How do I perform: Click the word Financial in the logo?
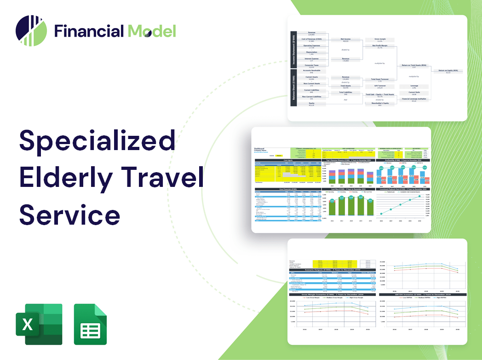tap(89, 31)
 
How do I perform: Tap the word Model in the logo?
tap(152, 31)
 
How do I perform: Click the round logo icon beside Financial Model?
tap(31, 31)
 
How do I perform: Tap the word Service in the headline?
tap(69, 214)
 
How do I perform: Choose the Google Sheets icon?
tap(90, 324)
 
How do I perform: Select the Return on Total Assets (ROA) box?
tap(414, 65)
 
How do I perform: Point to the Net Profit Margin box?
tap(379, 46)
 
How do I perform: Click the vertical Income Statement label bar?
tap(293, 48)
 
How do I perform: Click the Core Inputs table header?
tap(288, 161)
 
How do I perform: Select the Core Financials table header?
tap(288, 189)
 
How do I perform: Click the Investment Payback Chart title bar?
tap(403, 189)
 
